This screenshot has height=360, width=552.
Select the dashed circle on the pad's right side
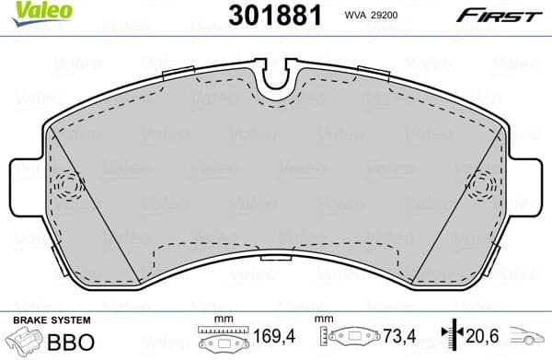click(x=482, y=184)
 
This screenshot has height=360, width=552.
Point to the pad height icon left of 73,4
click(x=354, y=339)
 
